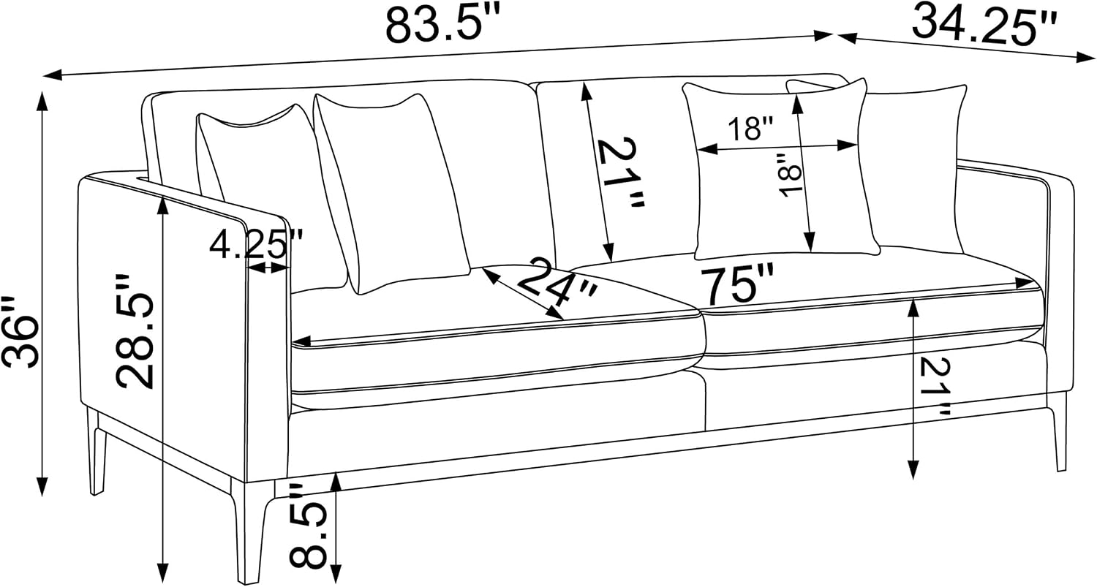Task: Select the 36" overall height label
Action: tap(20, 332)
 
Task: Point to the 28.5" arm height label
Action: tap(134, 331)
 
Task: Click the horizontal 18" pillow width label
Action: tap(750, 128)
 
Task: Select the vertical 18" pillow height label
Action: tap(789, 175)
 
